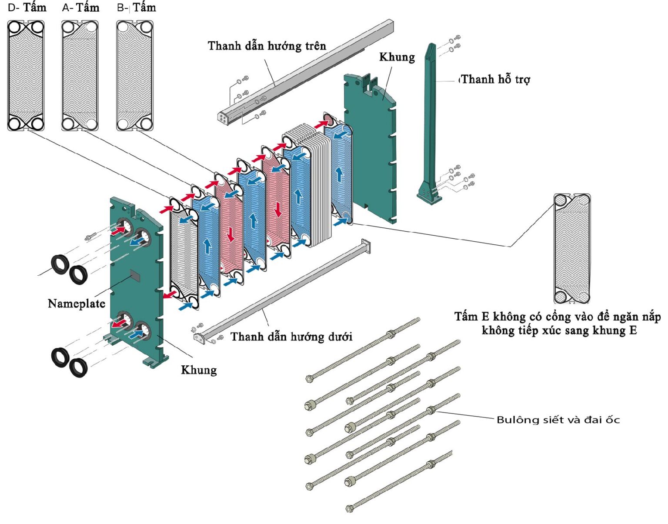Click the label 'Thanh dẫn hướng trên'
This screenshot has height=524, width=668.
(267, 46)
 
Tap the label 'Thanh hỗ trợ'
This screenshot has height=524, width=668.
(495, 80)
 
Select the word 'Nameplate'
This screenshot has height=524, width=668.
(77, 304)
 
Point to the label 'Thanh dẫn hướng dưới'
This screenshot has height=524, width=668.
(291, 337)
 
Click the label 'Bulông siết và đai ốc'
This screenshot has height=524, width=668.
(558, 420)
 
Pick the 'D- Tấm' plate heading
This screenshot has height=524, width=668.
(27, 8)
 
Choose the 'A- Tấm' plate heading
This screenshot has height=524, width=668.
(81, 8)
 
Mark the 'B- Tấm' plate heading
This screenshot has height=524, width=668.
(137, 8)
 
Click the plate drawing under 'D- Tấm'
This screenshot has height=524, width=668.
(26, 76)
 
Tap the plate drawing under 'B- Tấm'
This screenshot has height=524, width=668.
(135, 76)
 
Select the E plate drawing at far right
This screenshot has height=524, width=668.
(572, 248)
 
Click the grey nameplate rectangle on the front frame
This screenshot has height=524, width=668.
(135, 275)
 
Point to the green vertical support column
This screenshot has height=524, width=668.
(430, 122)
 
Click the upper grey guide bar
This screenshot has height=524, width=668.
(304, 72)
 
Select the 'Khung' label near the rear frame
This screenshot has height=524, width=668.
(397, 57)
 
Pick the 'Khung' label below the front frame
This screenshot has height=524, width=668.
(199, 370)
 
